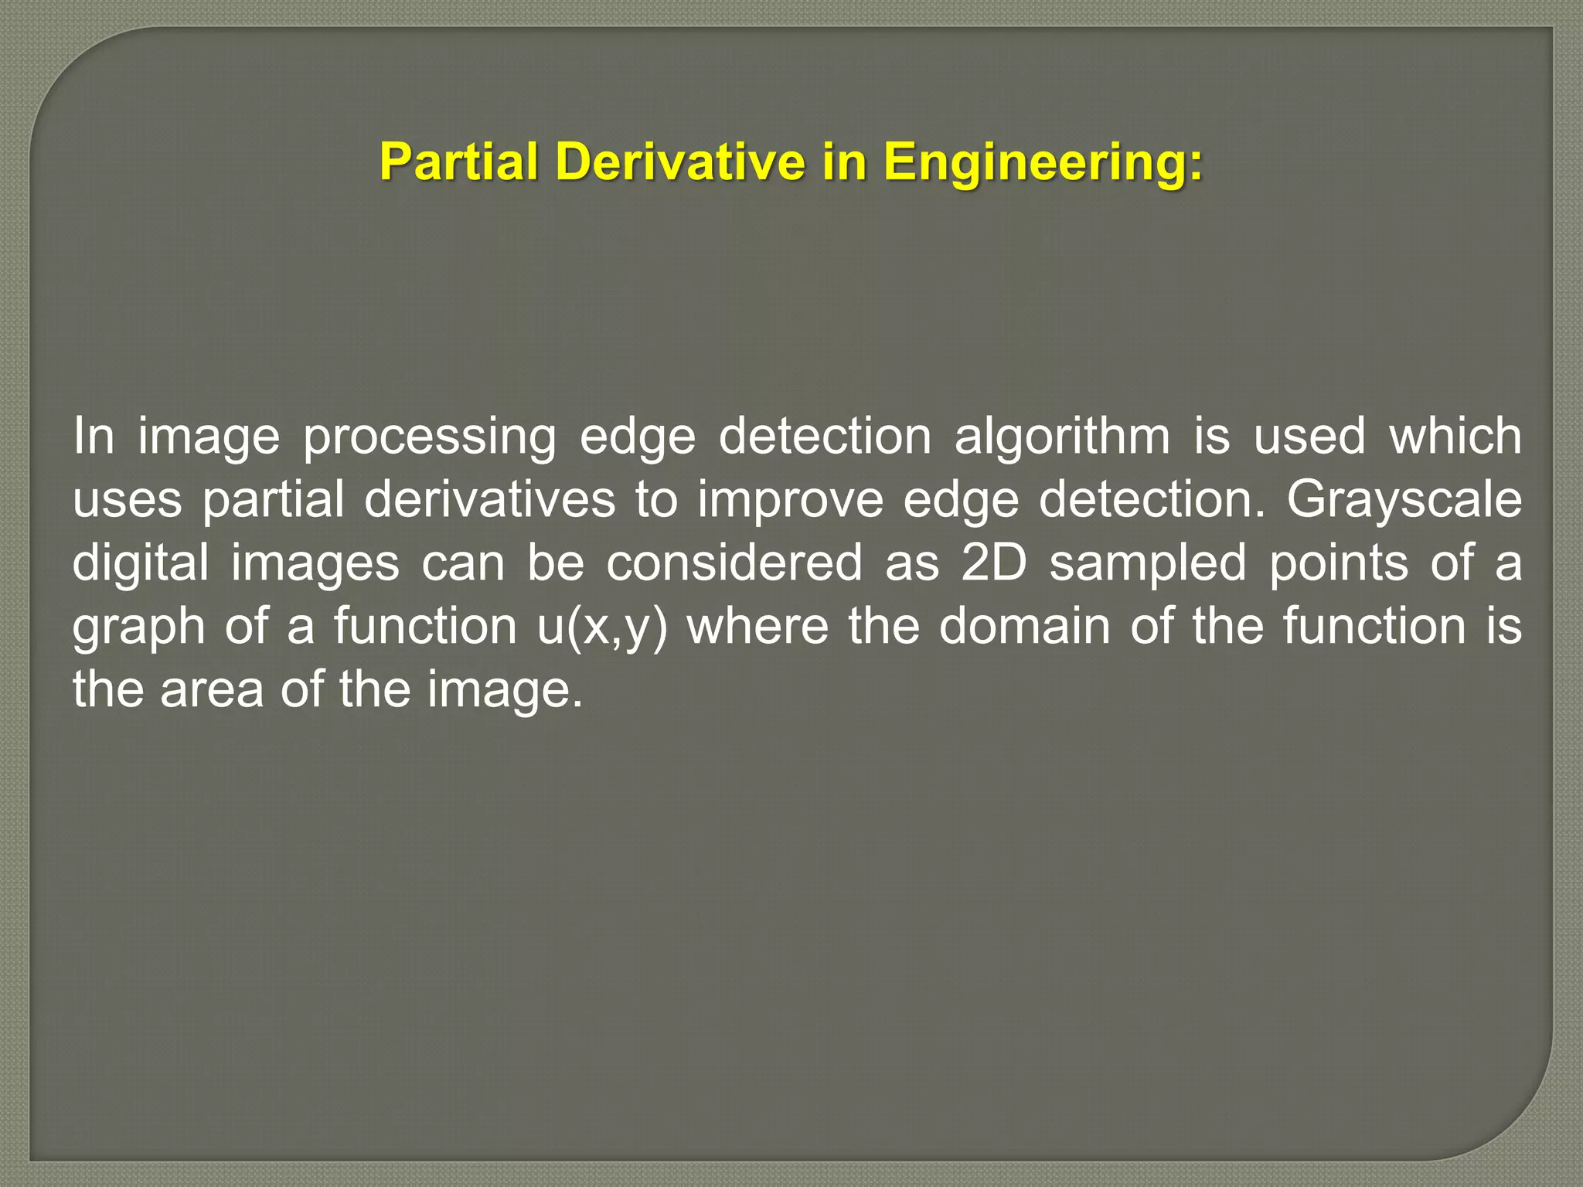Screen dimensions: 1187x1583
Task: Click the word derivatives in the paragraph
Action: pyautogui.click(x=490, y=500)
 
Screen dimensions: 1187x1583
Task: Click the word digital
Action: pyautogui.click(x=141, y=564)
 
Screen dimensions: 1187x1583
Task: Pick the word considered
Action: pyautogui.click(x=734, y=563)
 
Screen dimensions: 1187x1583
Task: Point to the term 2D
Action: pyautogui.click(x=993, y=563)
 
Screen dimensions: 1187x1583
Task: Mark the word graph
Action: pyautogui.click(x=139, y=628)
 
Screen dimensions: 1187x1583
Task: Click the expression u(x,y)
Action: pyautogui.click(x=601, y=628)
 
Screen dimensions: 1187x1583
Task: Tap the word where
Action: pyautogui.click(x=757, y=626)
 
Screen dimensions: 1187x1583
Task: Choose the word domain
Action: pyautogui.click(x=1024, y=626)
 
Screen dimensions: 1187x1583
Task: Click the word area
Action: pyautogui.click(x=212, y=689)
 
